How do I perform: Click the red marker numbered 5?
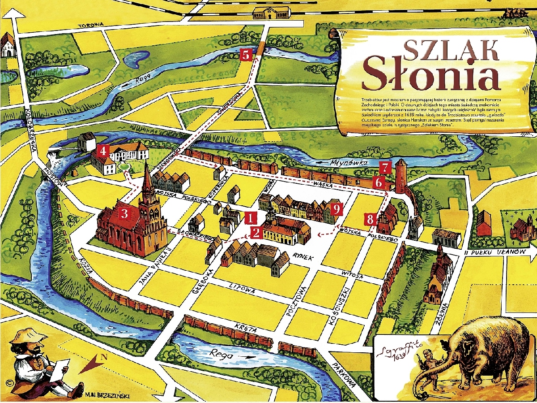click(246, 55)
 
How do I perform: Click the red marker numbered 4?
click(103, 151)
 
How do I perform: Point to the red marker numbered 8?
click(370, 220)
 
